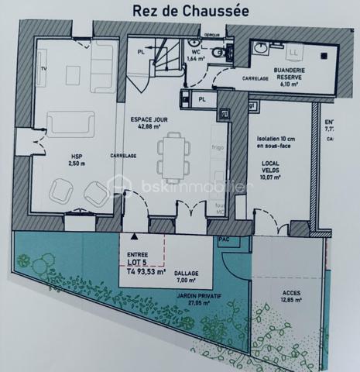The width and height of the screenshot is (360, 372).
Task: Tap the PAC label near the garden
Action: (225, 239)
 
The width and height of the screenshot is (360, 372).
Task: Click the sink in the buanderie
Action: (261, 47)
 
